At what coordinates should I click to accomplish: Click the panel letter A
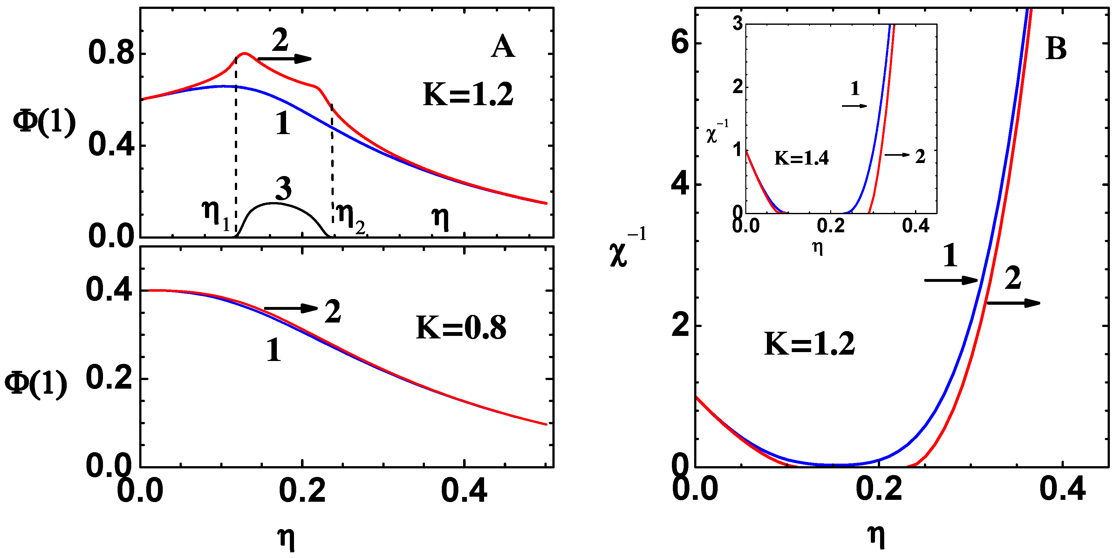click(x=502, y=47)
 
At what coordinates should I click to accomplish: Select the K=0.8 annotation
click(x=461, y=328)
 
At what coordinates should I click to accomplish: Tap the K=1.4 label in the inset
click(x=801, y=158)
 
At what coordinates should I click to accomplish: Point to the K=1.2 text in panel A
click(x=468, y=95)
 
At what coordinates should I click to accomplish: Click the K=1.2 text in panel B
click(x=810, y=344)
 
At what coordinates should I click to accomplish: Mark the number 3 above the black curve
click(x=283, y=189)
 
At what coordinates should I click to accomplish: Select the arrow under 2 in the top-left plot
click(x=284, y=59)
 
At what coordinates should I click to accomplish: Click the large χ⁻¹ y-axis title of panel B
click(x=627, y=251)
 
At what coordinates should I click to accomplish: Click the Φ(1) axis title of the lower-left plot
click(x=36, y=383)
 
